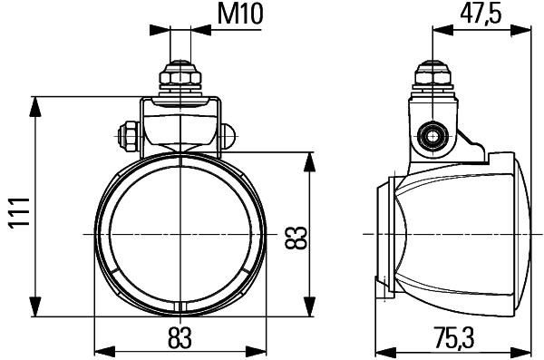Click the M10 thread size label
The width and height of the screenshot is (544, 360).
[x=237, y=15]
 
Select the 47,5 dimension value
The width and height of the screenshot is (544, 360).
[x=481, y=15]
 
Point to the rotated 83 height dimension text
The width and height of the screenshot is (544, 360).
[x=295, y=238]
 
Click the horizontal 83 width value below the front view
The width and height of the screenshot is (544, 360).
[x=181, y=337]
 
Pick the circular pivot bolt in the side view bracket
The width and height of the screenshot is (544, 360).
[x=432, y=138]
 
